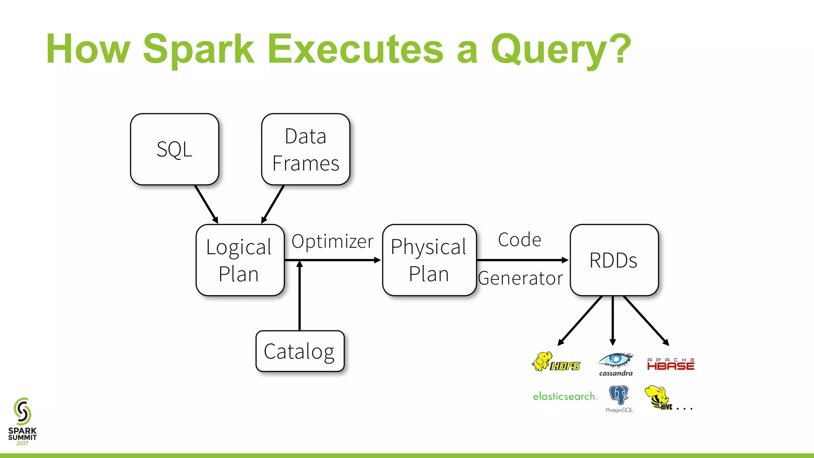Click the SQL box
tap(174, 149)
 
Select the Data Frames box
tap(306, 149)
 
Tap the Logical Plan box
tap(240, 260)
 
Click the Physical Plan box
tap(429, 260)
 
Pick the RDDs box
tap(614, 260)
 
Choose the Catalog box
tap(300, 351)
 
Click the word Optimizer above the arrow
tap(332, 241)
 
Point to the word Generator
tap(521, 278)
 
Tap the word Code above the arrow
tap(519, 240)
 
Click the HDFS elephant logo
tap(556, 362)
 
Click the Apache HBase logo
tap(671, 364)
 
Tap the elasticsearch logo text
tap(565, 396)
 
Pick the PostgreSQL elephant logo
tap(619, 398)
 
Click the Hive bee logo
tap(658, 397)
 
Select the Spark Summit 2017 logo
tap(23, 421)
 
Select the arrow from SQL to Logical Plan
tap(206, 204)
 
